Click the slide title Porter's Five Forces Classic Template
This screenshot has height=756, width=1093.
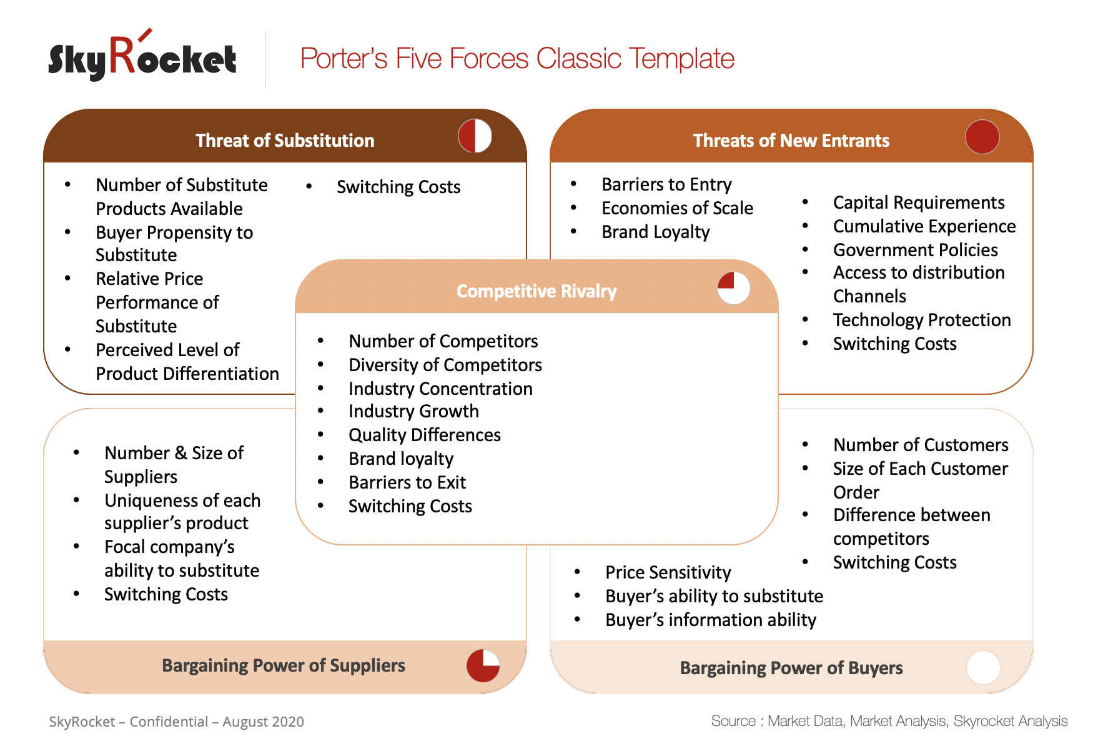click(x=517, y=59)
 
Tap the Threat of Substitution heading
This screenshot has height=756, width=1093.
click(x=285, y=141)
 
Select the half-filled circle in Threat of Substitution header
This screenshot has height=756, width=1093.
click(x=475, y=136)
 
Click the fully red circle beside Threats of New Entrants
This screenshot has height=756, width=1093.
click(x=982, y=137)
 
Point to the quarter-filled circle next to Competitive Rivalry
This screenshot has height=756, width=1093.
click(x=733, y=288)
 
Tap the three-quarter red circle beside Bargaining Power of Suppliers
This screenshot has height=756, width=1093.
click(x=483, y=665)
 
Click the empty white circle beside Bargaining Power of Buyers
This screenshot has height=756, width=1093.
click(x=982, y=667)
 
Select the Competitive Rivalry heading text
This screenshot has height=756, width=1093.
click(x=536, y=291)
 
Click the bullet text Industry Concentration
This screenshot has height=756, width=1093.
click(x=440, y=389)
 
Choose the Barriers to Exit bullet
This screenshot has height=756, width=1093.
click(x=407, y=482)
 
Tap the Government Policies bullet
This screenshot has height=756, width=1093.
click(x=915, y=250)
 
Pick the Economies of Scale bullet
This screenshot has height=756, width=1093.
click(x=677, y=208)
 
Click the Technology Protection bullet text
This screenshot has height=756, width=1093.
click(x=921, y=320)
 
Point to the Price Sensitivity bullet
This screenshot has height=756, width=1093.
click(x=668, y=572)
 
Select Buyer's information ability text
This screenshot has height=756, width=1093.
click(x=710, y=620)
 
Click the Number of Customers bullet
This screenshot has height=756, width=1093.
click(x=920, y=445)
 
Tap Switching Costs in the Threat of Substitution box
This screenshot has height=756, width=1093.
click(x=398, y=187)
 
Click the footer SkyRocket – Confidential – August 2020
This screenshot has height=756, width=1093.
click(x=176, y=722)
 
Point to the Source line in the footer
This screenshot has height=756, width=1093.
click(x=889, y=721)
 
